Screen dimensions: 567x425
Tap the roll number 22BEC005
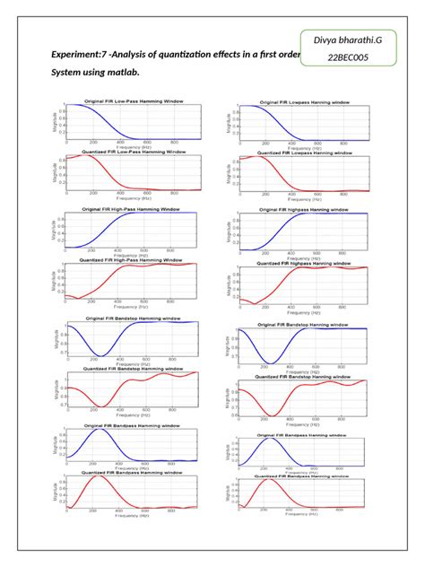pos(354,58)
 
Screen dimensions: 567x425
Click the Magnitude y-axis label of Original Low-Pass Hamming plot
pos(53,121)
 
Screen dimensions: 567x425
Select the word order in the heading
pos(286,55)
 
